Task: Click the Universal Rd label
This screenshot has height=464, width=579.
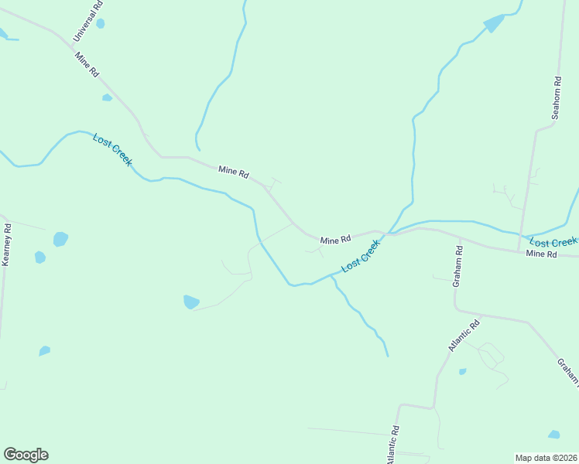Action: (87, 22)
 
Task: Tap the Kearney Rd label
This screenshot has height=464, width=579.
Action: (7, 245)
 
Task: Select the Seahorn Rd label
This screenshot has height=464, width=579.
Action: (556, 97)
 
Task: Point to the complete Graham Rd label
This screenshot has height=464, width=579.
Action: (458, 266)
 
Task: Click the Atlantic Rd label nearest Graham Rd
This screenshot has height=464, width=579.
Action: (464, 335)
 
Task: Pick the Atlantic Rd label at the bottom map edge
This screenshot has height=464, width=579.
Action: (394, 445)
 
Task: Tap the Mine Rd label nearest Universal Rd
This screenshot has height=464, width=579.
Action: (87, 63)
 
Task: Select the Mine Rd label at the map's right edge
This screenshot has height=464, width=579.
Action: (541, 254)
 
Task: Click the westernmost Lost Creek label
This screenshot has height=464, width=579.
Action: (113, 150)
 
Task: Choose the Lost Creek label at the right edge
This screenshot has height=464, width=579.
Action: (553, 242)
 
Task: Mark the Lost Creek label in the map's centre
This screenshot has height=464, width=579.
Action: (361, 255)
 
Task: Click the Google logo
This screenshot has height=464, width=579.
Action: (26, 455)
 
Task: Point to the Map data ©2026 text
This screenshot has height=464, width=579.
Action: (546, 458)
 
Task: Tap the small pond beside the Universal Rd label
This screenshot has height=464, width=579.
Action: (100, 23)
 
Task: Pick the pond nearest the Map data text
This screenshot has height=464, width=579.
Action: (553, 435)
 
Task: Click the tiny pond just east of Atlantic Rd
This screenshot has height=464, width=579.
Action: (462, 371)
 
